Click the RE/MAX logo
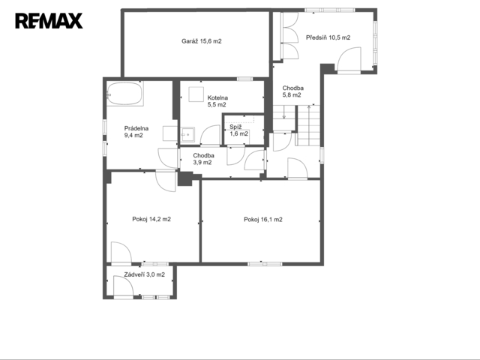[49, 21]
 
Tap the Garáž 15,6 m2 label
[202, 41]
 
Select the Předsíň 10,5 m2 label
[328, 37]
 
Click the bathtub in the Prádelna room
[125, 93]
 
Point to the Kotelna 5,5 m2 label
[217, 101]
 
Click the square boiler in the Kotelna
[196, 94]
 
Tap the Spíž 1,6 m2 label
[238, 130]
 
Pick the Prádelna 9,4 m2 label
[136, 132]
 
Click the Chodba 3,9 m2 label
[203, 159]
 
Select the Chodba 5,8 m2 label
[292, 91]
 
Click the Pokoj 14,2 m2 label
[151, 219]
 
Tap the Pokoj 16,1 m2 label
[263, 220]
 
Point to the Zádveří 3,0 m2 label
[145, 274]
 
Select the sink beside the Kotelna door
[187, 134]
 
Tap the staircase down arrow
[284, 112]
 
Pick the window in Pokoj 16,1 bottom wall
[265, 264]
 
